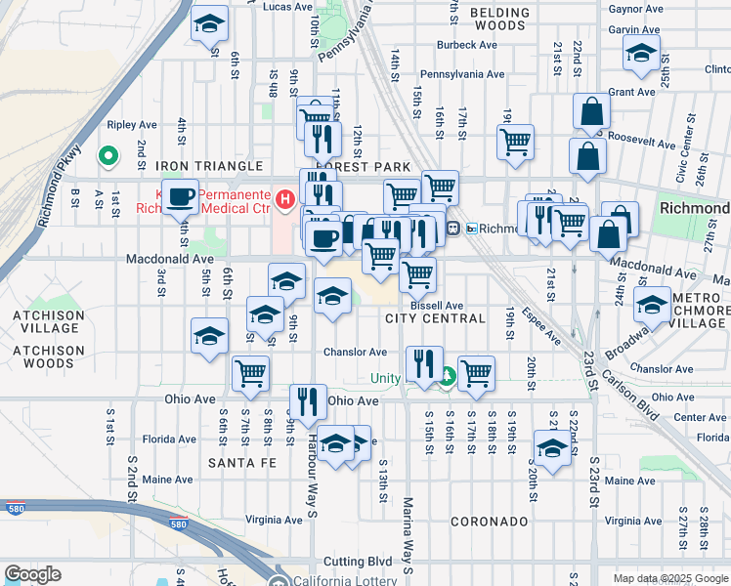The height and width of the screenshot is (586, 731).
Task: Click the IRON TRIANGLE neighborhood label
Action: [209, 167]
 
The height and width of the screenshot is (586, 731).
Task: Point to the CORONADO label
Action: [490, 522]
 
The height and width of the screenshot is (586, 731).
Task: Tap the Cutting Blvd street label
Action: [357, 562]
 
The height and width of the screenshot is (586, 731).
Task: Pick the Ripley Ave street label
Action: [132, 125]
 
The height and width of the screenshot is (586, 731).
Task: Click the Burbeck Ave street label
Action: [467, 45]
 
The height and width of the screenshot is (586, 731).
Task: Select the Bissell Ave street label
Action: [436, 305]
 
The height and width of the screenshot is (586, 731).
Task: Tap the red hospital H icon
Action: [285, 201]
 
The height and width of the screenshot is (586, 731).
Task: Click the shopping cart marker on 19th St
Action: [515, 141]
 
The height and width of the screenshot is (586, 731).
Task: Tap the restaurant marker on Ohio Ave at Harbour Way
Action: [308, 401]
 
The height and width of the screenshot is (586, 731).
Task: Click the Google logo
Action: [32, 574]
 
